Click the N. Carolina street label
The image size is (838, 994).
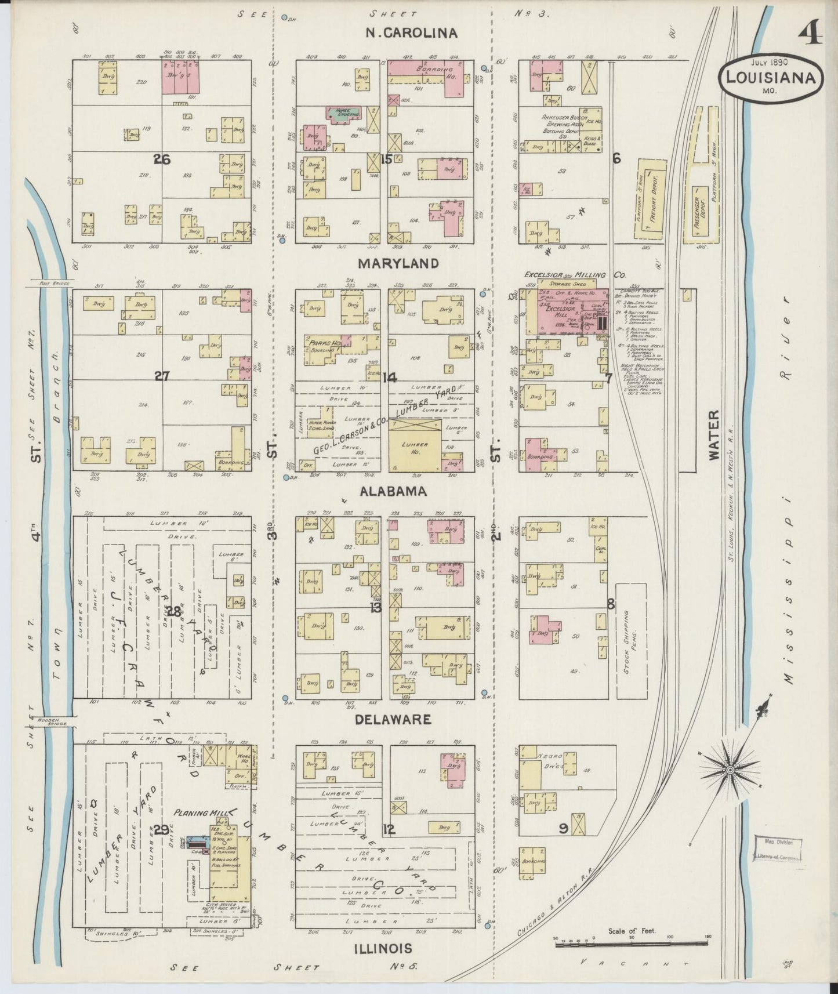point(411,32)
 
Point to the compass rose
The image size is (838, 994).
point(731,769)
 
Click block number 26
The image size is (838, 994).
point(161,159)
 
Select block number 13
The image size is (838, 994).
point(376,608)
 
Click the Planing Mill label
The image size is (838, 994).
point(201,812)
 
